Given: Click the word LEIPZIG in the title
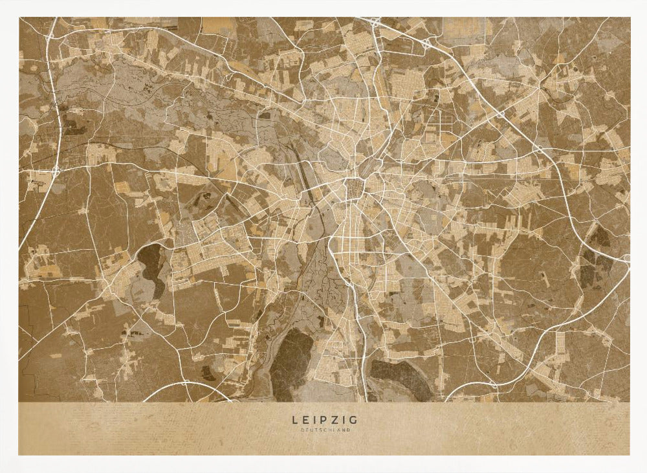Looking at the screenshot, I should [323, 421].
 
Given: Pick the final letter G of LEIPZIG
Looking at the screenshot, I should [353, 421].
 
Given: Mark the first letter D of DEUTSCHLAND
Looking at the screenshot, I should [302, 430].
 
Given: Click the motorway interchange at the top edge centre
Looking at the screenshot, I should [376, 23].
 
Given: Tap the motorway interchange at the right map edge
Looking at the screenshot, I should [625, 258].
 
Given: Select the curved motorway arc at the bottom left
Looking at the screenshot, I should [175, 387].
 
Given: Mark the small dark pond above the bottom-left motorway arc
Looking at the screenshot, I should [207, 373].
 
